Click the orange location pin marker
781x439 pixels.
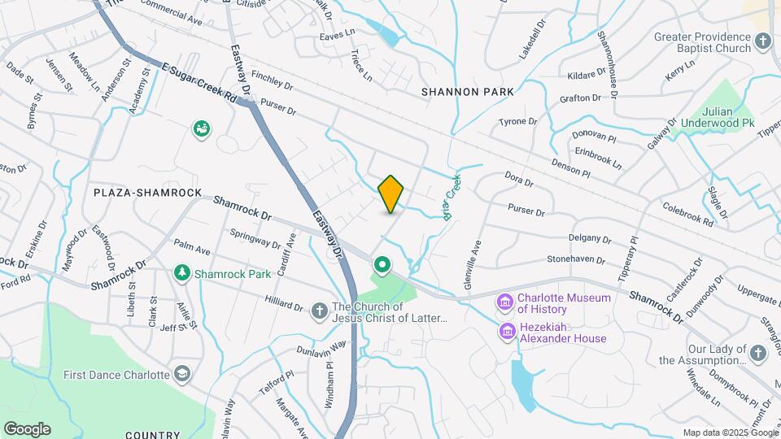tap(391, 194)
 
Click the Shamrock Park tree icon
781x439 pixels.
tap(184, 273)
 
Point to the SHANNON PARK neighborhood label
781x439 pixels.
tap(467, 92)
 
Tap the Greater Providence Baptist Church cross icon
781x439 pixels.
tap(762, 41)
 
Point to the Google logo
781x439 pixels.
tap(27, 429)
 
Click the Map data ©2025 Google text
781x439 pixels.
tap(729, 432)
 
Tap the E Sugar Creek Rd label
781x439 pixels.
tap(199, 84)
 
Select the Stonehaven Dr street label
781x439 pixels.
tap(576, 261)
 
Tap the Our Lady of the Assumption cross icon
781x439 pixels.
tap(758, 352)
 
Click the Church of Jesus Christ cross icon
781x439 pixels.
tap(320, 311)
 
